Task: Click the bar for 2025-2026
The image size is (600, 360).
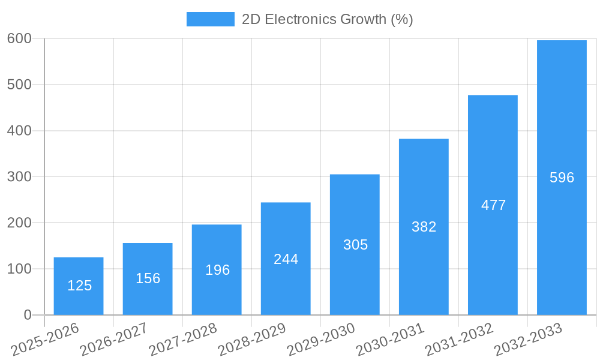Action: click(x=79, y=286)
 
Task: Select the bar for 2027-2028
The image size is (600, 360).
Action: click(x=217, y=269)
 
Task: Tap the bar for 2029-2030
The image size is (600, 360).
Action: click(x=355, y=244)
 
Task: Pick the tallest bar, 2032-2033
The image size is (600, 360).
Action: click(x=562, y=178)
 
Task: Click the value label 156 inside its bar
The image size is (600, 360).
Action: click(x=148, y=278)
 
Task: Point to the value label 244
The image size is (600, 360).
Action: click(x=286, y=259)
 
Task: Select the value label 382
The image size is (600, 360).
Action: click(x=424, y=227)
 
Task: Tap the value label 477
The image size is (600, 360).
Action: click(x=493, y=205)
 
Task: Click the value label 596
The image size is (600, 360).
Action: click(x=562, y=178)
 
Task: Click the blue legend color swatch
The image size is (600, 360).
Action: click(x=210, y=19)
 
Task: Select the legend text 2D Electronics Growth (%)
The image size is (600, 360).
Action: click(x=327, y=19)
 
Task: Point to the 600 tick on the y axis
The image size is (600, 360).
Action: click(x=19, y=38)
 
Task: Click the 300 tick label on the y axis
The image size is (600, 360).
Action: click(x=19, y=176)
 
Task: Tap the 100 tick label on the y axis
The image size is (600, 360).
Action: click(x=19, y=269)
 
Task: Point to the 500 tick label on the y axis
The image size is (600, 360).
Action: click(x=19, y=85)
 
